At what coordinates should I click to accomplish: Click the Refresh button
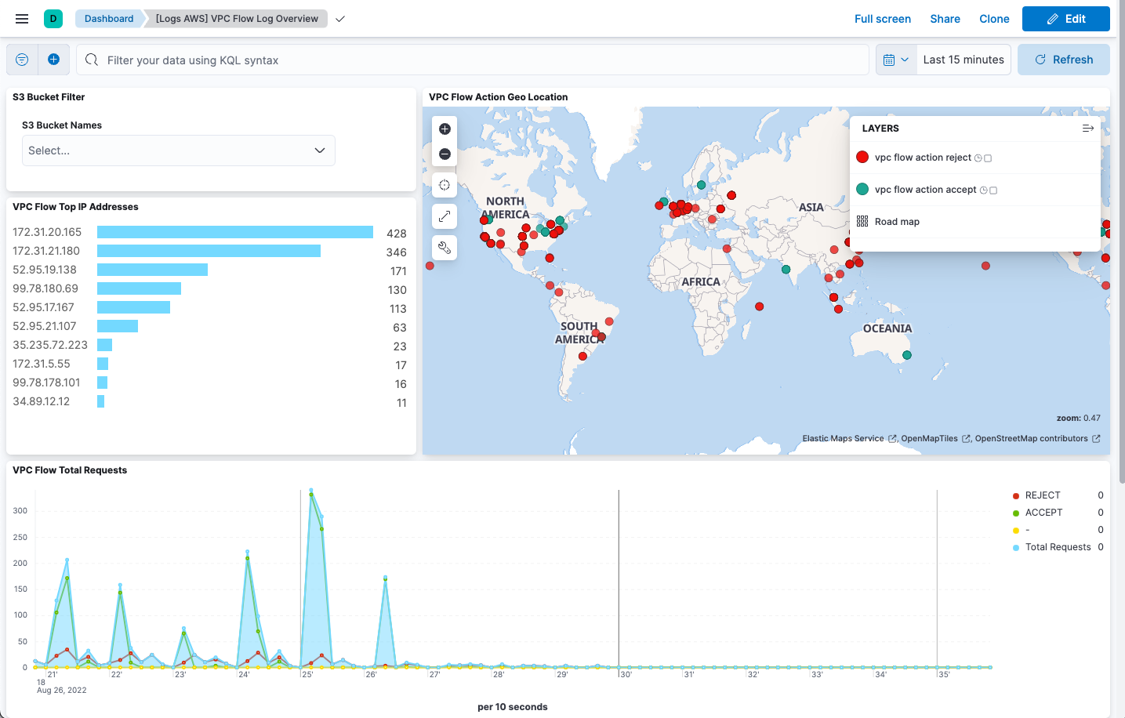(1063, 60)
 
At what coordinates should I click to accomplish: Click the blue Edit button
(1065, 19)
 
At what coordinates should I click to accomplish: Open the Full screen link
(882, 19)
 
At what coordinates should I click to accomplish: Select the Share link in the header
(945, 19)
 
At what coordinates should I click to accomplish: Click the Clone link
(994, 19)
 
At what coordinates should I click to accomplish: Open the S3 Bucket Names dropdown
(178, 150)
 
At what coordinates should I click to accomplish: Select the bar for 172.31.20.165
(235, 232)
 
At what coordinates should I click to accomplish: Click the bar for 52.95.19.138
(152, 270)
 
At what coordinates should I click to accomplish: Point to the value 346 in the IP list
(396, 252)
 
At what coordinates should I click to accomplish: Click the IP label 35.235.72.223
(50, 345)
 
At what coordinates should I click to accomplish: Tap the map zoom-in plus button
(445, 129)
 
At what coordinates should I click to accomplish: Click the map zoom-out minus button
(445, 154)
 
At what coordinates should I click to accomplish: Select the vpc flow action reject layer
(922, 158)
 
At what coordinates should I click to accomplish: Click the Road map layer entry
(897, 222)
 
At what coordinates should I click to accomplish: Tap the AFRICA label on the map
(700, 282)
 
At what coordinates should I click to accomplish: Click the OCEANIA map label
(887, 329)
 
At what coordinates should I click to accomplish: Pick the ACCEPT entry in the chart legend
(1043, 513)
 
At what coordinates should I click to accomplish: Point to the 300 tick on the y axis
(20, 511)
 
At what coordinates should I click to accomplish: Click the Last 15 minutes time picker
(963, 60)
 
